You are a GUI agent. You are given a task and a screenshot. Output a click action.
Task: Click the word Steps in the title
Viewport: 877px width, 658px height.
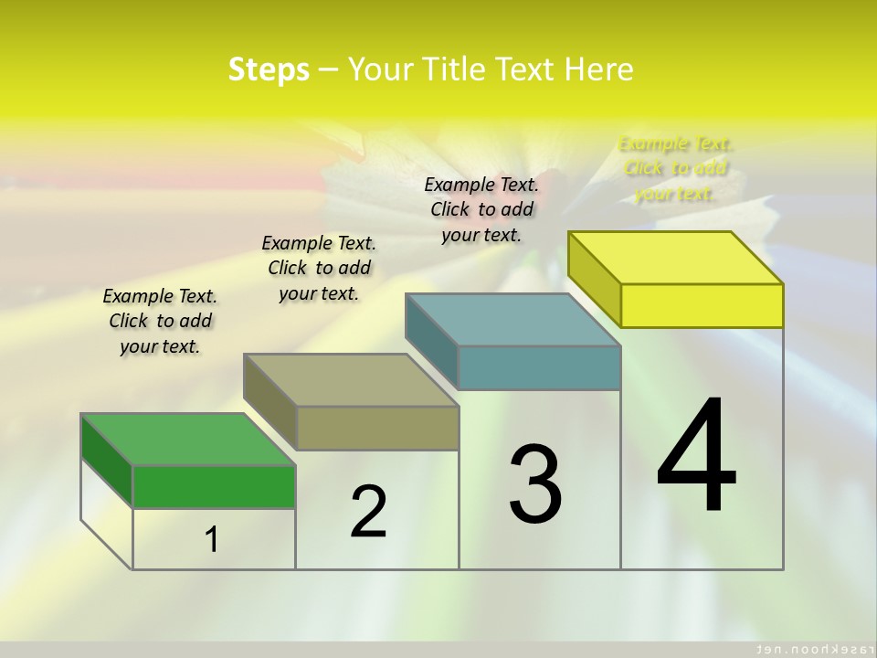pos(269,69)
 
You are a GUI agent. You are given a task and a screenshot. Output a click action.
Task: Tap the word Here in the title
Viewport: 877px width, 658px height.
pos(598,69)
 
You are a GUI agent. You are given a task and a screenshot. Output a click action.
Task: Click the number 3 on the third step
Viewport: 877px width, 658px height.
pos(535,484)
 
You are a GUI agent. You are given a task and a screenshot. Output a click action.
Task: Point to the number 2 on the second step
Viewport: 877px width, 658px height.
pos(368,512)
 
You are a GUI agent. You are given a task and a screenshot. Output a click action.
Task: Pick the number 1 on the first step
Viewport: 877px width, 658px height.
pos(212,539)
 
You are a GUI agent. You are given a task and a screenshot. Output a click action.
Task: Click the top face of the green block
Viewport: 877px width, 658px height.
pos(187,439)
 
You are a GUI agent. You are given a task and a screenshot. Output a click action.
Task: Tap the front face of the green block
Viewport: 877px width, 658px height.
pos(214,486)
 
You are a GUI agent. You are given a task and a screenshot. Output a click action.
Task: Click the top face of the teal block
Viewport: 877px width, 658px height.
pos(512,320)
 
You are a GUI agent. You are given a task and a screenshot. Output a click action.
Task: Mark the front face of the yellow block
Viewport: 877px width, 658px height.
pos(702,305)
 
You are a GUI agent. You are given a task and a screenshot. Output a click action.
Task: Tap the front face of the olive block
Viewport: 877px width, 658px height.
pos(377,428)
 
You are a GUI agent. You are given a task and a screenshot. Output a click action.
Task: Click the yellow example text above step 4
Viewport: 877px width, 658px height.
pos(675,168)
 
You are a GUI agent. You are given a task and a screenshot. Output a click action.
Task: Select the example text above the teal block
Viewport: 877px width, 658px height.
pos(481,209)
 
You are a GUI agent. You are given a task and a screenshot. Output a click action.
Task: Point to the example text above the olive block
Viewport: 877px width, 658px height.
pos(319,268)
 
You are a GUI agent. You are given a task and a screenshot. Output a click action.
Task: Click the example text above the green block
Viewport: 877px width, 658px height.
pos(160,321)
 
